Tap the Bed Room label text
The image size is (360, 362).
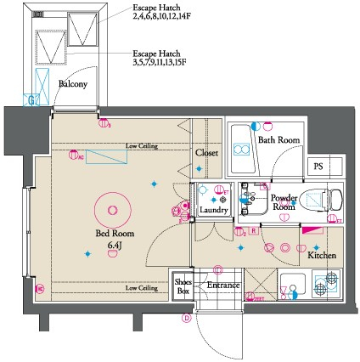click(112, 234)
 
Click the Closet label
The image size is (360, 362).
click(206, 153)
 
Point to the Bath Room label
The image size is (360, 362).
click(278, 140)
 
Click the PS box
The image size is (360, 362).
click(320, 166)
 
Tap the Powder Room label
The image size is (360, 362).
click(283, 201)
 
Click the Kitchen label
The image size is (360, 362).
click(322, 255)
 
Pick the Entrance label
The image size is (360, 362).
click(223, 285)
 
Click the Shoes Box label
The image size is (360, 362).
click(183, 286)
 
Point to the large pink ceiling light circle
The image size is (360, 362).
click(110, 206)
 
